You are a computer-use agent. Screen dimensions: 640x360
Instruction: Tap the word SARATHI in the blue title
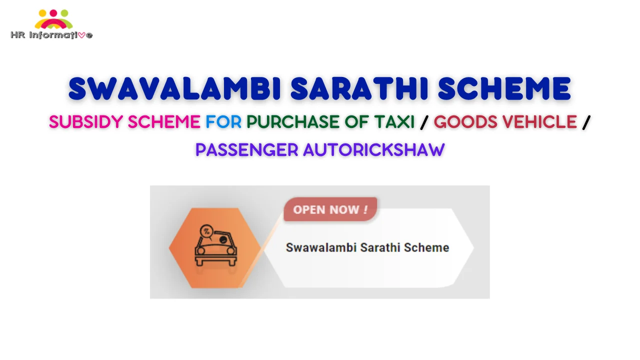[359, 88]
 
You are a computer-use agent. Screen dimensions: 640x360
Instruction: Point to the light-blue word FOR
[223, 122]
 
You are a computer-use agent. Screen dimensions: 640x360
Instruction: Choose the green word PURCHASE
[293, 122]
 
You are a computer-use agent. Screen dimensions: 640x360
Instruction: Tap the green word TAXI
[394, 122]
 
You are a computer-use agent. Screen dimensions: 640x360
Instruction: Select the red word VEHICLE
[539, 122]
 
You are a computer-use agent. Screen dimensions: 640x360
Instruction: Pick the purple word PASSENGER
[247, 150]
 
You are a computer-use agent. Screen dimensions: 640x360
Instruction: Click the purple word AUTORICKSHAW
[374, 150]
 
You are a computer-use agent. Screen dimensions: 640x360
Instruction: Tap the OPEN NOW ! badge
[330, 209]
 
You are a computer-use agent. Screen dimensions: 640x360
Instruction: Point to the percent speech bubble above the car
[206, 231]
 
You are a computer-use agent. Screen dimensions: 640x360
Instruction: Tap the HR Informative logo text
[51, 35]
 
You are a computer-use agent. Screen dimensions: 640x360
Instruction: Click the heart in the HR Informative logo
[81, 35]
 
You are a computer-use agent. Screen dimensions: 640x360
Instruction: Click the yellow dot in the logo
[42, 13]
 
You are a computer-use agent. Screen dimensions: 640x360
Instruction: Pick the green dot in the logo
[64, 13]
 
